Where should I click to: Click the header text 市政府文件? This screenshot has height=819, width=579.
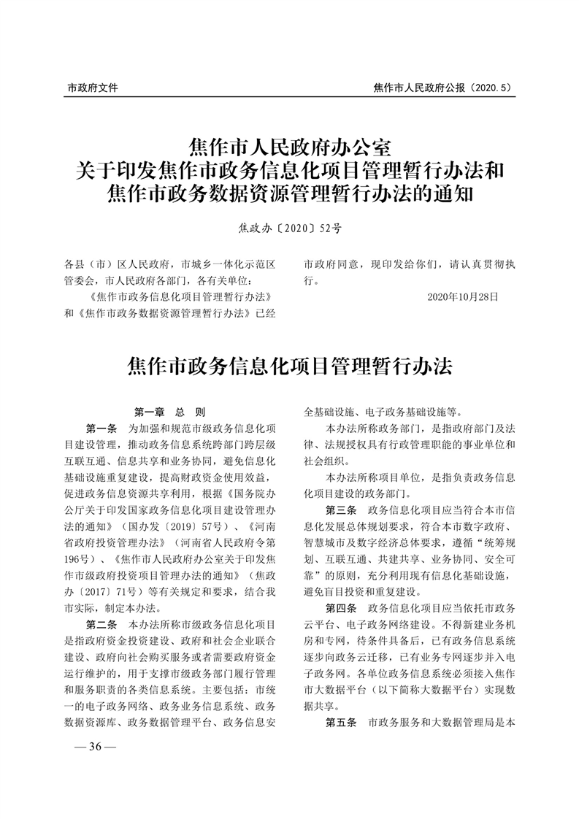pyautogui.click(x=93, y=88)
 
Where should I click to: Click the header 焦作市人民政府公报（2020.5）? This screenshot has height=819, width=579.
pyautogui.click(x=442, y=88)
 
